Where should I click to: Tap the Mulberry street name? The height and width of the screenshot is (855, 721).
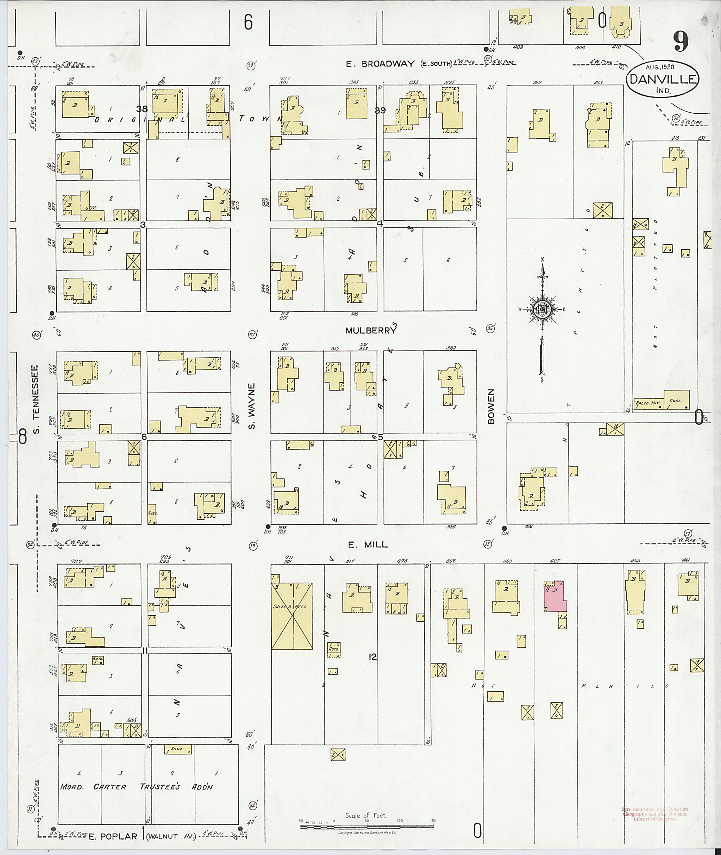click(x=371, y=330)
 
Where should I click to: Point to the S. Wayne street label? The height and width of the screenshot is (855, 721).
click(x=252, y=406)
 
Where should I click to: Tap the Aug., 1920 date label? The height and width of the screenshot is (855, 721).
click(x=660, y=67)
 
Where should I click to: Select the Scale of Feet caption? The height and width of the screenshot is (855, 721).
click(x=366, y=815)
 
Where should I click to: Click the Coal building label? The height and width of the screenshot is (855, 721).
click(x=675, y=401)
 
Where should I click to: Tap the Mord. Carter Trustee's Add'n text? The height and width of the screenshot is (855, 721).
click(x=137, y=787)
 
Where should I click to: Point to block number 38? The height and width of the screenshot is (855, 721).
click(x=142, y=109)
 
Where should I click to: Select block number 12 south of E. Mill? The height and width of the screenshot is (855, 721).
click(x=372, y=657)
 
